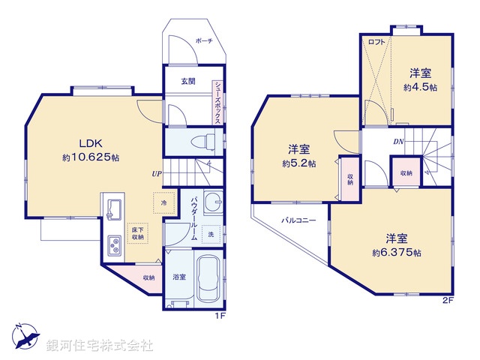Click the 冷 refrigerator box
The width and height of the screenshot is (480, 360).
pyautogui.click(x=161, y=202)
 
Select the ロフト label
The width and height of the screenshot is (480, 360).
pyautogui.click(x=376, y=43)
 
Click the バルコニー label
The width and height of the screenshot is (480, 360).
pyautogui.click(x=298, y=221)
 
